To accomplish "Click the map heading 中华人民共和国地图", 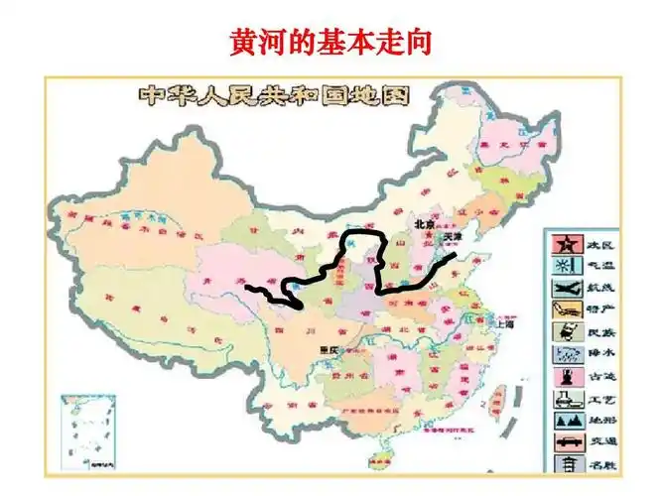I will pos(272,96).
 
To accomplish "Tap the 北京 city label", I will pos(426,223).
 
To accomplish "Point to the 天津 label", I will pos(452,238).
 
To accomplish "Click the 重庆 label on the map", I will pos(329,350).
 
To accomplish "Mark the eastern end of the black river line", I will pos(456,256).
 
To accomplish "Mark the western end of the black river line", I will pos(247,289).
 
